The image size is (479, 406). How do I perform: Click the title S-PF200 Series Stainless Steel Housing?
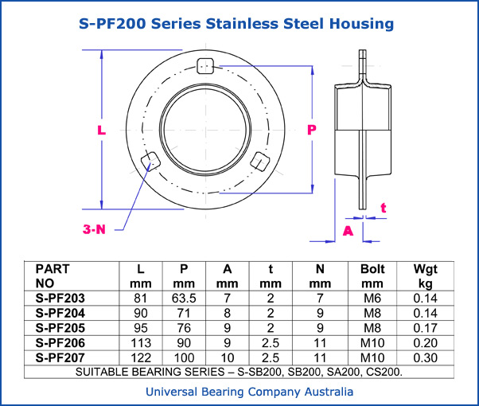[x=237, y=24]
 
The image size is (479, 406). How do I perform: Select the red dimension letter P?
[x=312, y=128]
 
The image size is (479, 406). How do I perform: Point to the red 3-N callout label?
[x=95, y=229]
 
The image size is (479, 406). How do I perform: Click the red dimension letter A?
[x=348, y=230]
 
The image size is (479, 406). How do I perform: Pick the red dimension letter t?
[x=384, y=208]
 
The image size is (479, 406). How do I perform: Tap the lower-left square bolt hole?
[x=148, y=162]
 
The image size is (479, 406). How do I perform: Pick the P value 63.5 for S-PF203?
[x=184, y=298]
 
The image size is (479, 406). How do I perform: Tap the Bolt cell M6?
[x=372, y=298]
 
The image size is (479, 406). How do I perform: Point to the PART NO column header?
[x=53, y=275]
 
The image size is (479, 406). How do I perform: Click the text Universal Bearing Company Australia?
[x=239, y=392]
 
